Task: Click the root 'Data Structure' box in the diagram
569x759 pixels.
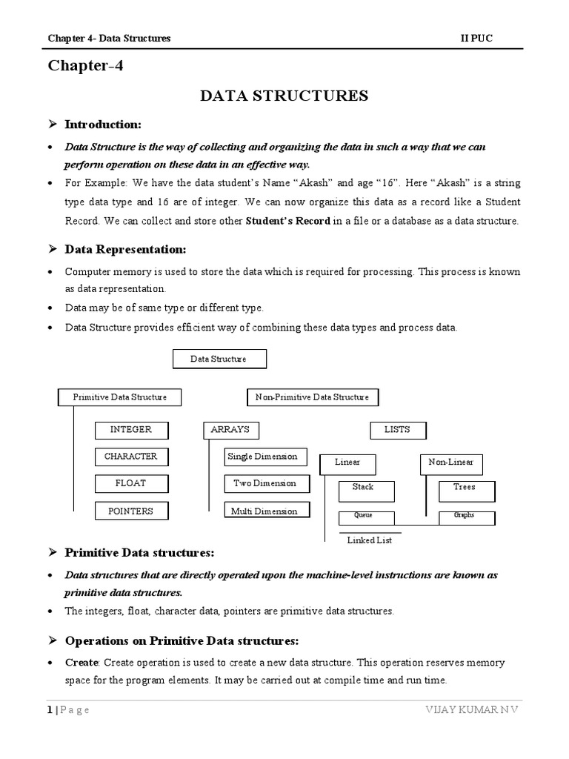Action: tap(219, 359)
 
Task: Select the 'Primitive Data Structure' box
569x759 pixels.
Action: tap(120, 397)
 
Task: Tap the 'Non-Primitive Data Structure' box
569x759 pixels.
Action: tap(312, 397)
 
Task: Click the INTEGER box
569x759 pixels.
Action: tap(131, 430)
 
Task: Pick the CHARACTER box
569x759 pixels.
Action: tap(131, 457)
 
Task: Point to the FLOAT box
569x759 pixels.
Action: tap(131, 483)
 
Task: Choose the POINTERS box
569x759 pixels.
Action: tap(131, 511)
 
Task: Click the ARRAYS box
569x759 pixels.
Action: tap(230, 430)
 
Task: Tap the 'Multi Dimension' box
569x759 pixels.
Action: tap(266, 511)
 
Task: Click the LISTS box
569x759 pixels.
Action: tap(398, 430)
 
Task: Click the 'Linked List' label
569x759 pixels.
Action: tap(370, 540)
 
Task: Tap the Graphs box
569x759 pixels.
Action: tap(465, 516)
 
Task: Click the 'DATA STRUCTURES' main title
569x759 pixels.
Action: tap(284, 96)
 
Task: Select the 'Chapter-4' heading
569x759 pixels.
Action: tap(86, 66)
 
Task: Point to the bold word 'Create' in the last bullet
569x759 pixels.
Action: tap(81, 662)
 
